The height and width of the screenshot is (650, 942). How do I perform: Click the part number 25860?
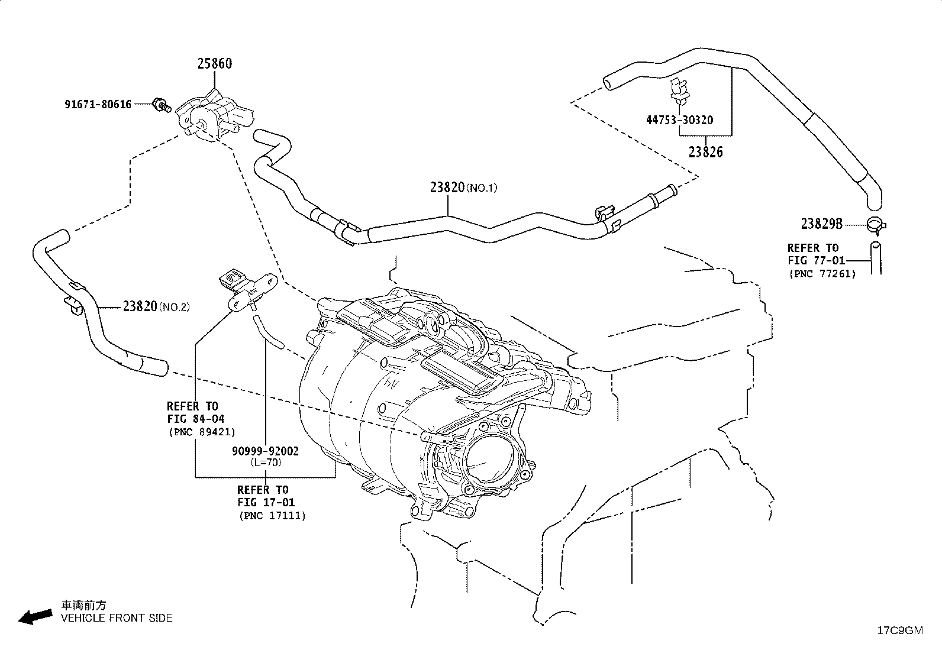[x=215, y=63]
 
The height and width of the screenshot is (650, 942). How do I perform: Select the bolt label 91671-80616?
[x=98, y=104]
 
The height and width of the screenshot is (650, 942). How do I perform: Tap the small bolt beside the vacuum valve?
[x=162, y=105]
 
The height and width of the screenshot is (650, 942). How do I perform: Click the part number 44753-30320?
[x=680, y=120]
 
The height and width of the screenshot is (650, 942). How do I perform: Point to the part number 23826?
[x=706, y=152]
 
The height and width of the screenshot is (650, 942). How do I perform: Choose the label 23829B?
[x=822, y=224]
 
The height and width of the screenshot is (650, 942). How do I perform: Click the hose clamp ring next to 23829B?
[x=876, y=225]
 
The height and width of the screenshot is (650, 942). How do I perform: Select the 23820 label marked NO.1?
[x=464, y=187]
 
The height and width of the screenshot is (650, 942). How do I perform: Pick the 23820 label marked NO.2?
[x=156, y=306]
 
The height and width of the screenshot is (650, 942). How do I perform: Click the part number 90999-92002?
[x=265, y=451]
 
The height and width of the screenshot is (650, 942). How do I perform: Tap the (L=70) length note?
[x=266, y=463]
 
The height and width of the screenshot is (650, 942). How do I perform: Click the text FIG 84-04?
[x=196, y=419]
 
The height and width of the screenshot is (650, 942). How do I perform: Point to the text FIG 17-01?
[x=266, y=502]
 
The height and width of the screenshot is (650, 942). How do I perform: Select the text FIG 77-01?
[x=816, y=261]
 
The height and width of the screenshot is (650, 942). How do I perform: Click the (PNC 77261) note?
[x=822, y=274]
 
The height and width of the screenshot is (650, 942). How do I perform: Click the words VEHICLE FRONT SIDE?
[x=117, y=618]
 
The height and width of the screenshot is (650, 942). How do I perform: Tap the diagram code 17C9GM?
[x=900, y=630]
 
